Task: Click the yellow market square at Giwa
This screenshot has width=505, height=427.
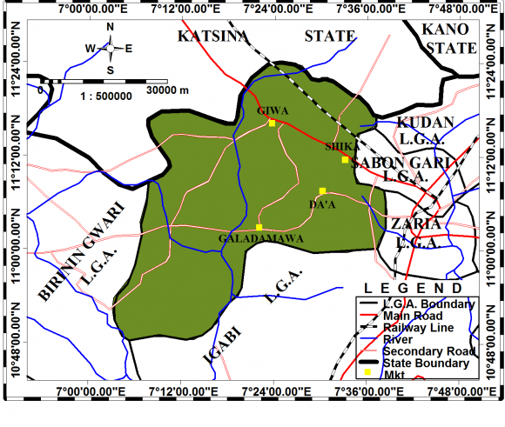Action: click(x=272, y=123)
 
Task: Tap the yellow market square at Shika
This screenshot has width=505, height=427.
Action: click(x=345, y=160)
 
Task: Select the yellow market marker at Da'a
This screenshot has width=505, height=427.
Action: click(x=322, y=191)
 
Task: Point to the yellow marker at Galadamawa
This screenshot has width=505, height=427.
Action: click(x=259, y=228)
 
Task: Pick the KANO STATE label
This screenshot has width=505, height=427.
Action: click(x=445, y=37)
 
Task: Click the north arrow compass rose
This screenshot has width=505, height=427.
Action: click(x=111, y=49)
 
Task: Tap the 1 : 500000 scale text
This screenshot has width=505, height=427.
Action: click(x=105, y=96)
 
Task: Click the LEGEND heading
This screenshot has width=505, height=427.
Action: click(x=414, y=288)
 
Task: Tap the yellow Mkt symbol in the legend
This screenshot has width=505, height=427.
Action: click(x=367, y=373)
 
